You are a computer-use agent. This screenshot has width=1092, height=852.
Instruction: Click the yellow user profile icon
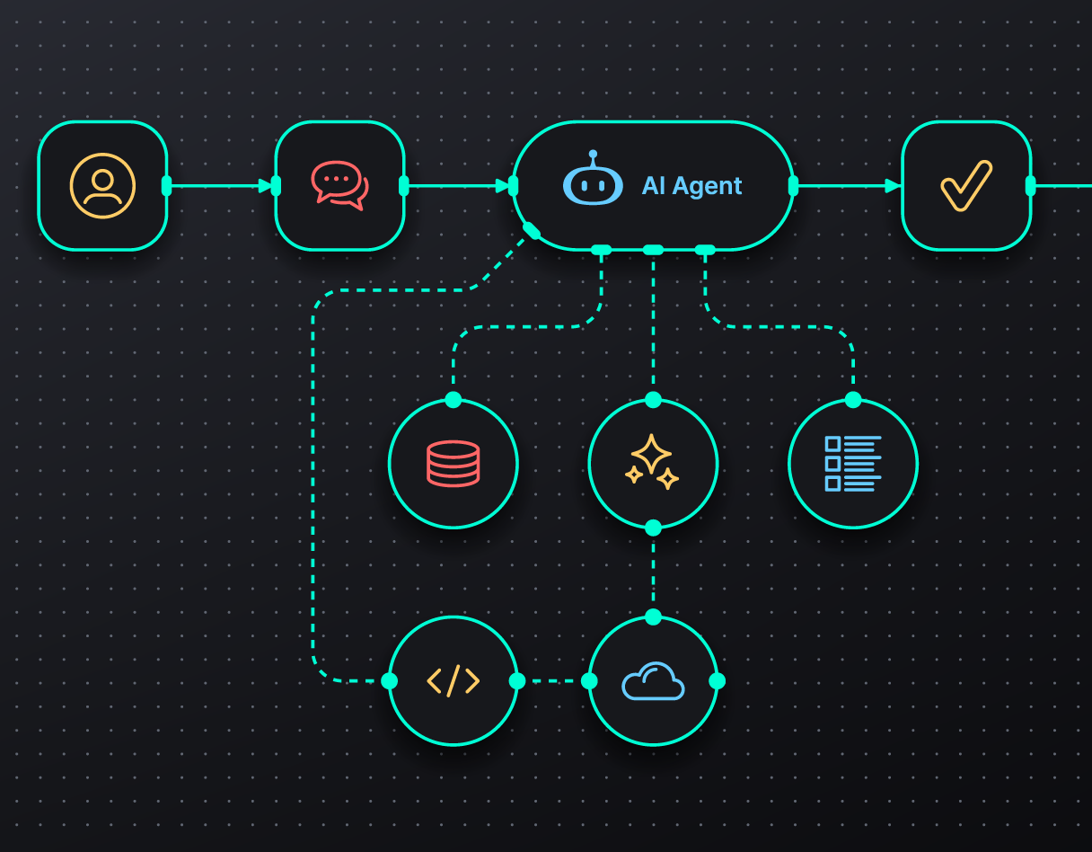click(102, 186)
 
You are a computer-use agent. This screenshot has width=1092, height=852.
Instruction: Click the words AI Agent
click(691, 186)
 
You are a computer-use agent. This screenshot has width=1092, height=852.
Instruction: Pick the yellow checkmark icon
click(966, 186)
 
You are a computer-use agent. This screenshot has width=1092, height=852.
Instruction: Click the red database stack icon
click(454, 464)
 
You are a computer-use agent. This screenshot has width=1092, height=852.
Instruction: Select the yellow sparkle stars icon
click(653, 464)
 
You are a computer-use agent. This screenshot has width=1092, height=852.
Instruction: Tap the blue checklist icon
click(853, 464)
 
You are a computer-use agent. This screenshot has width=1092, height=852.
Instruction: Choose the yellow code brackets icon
click(454, 681)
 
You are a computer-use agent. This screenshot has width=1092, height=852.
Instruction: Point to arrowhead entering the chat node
click(265, 186)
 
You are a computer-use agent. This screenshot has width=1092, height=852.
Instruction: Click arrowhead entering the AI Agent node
click(502, 186)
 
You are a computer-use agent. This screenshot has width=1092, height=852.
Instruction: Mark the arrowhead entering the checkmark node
click(893, 186)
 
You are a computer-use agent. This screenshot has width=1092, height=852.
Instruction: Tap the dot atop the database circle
click(454, 400)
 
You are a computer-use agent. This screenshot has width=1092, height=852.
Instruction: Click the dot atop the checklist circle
click(853, 400)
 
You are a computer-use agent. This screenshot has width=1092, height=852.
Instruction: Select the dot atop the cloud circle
click(653, 617)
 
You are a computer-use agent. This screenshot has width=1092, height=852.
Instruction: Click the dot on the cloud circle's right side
click(717, 681)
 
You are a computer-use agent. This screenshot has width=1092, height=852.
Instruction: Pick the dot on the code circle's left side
click(390, 681)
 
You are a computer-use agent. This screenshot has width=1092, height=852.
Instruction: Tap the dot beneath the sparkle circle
click(653, 528)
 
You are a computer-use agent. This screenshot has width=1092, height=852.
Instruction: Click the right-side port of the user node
click(166, 186)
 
